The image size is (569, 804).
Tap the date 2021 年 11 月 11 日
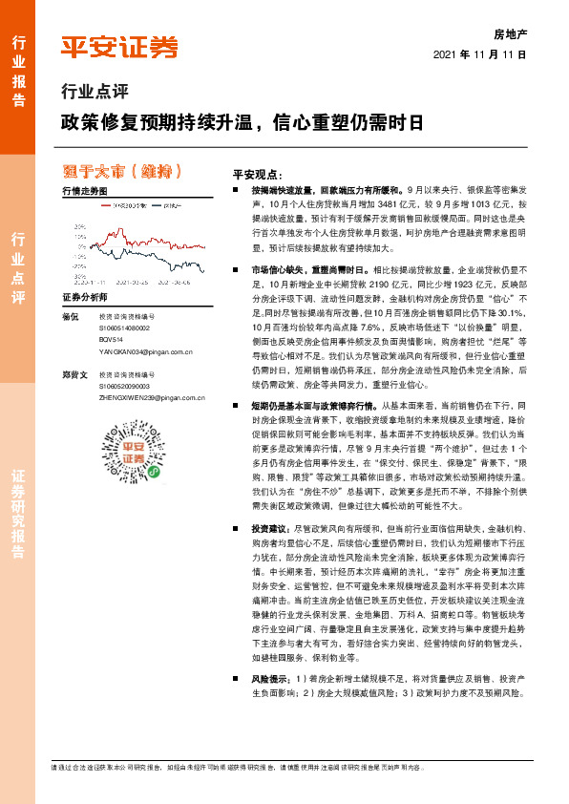pyautogui.click(x=480, y=53)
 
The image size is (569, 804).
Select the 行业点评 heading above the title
pyautogui.click(x=94, y=93)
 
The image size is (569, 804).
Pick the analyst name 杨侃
pyautogui.click(x=68, y=316)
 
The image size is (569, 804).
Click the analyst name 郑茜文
pyautogui.click(x=73, y=375)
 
